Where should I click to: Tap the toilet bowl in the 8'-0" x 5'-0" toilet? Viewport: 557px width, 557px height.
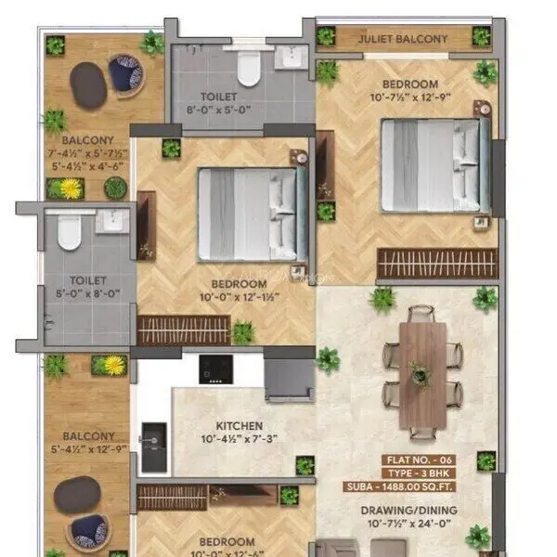(x=248, y=67)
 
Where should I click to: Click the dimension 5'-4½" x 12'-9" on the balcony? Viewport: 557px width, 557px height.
(x=89, y=450)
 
